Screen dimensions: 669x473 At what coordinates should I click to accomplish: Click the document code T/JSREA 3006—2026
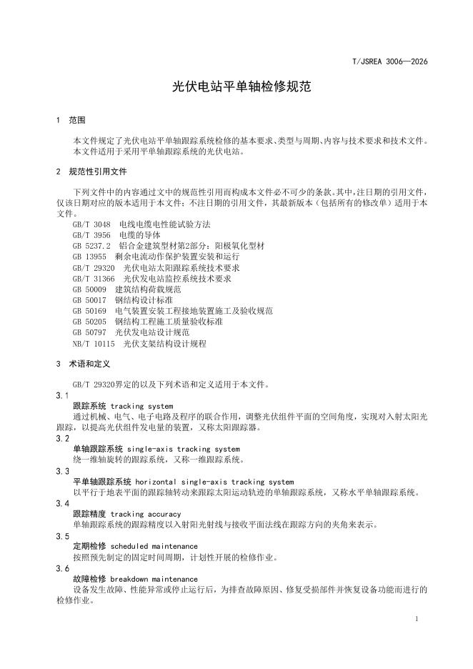[390, 62]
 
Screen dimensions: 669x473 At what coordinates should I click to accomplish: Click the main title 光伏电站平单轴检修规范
[236, 87]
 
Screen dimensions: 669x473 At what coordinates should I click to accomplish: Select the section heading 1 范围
[71, 120]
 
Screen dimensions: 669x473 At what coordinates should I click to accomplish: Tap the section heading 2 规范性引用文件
[91, 172]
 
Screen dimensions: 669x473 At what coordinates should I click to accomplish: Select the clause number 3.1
[62, 396]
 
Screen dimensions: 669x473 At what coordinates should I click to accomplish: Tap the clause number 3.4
[62, 504]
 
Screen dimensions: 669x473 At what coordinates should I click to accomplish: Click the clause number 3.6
[62, 569]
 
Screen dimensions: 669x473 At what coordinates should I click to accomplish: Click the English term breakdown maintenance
[149, 580]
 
